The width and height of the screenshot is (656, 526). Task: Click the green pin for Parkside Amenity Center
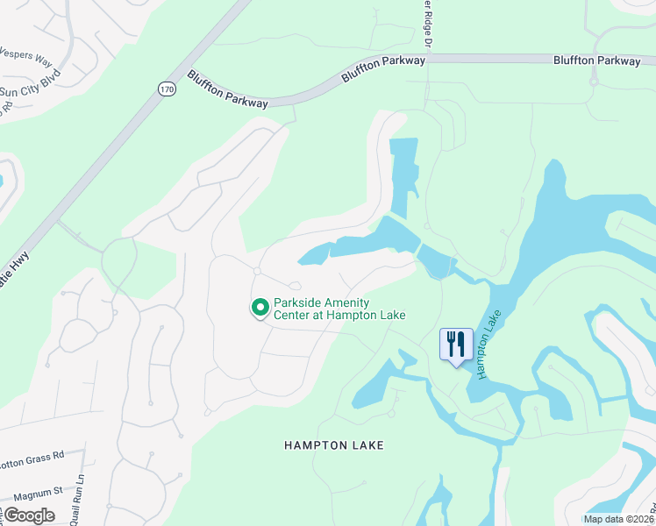(x=260, y=307)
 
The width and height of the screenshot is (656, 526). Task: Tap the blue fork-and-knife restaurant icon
(x=456, y=345)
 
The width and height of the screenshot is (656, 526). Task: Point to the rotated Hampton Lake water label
(x=488, y=343)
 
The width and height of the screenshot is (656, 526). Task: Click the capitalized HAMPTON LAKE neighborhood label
(x=334, y=445)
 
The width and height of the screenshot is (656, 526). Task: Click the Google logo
(x=29, y=515)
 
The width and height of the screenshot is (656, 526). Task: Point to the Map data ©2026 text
(x=617, y=519)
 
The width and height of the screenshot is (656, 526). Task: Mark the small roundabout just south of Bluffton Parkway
(x=594, y=82)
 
